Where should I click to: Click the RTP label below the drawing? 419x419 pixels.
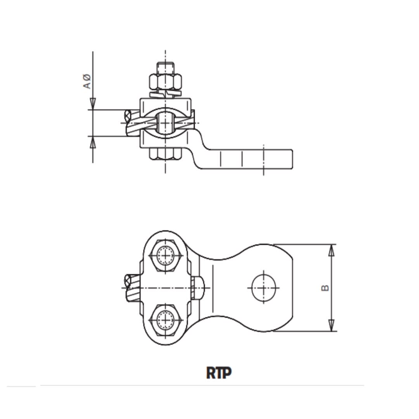219,373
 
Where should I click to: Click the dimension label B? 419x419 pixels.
325,288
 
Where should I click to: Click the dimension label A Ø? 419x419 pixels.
88,81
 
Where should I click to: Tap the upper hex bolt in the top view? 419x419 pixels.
166,255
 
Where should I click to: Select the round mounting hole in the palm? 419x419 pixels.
263,288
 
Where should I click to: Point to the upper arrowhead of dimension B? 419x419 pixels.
331,251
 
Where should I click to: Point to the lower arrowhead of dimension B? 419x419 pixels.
331,325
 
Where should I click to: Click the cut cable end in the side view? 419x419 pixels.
128,116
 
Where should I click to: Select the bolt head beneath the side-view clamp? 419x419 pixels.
166,154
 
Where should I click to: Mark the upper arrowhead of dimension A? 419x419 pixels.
93,104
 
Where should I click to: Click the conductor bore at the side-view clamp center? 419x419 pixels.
166,123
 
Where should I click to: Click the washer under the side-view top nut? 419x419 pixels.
166,93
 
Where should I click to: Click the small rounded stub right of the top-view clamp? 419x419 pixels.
199,288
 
